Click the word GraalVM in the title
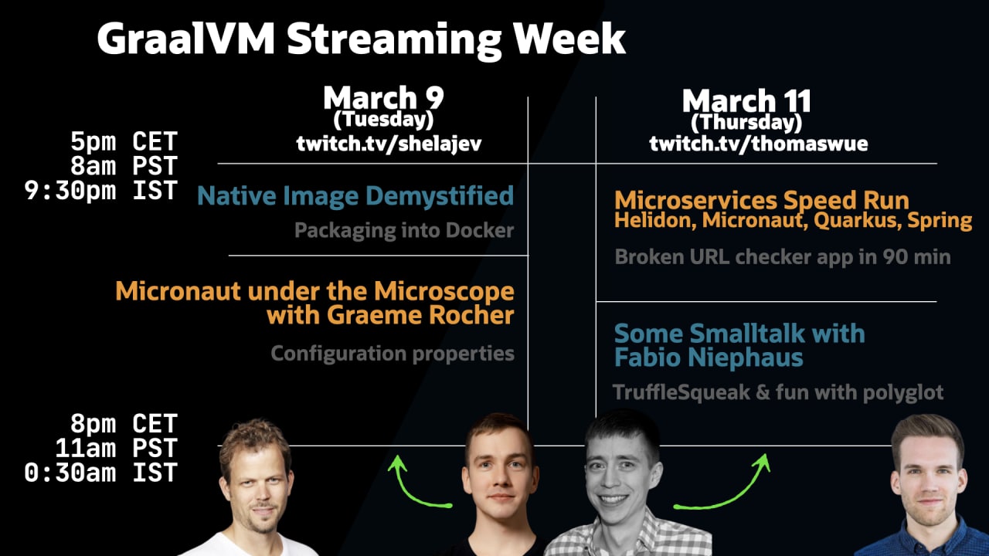pos(186,39)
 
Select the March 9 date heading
pos(383,97)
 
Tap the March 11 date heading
pos(746,100)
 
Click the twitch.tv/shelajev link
pos(389,144)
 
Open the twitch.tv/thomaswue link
pos(759,144)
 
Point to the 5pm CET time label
pos(124,141)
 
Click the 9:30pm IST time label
pos(101,191)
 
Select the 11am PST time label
pos(117,449)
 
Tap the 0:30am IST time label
pos(101,473)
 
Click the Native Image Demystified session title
pos(355,196)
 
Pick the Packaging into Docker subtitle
pos(404,230)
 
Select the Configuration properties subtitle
pos(393,354)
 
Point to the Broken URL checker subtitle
pos(783,257)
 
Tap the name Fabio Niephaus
pos(709,358)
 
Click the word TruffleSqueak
pos(681,392)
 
